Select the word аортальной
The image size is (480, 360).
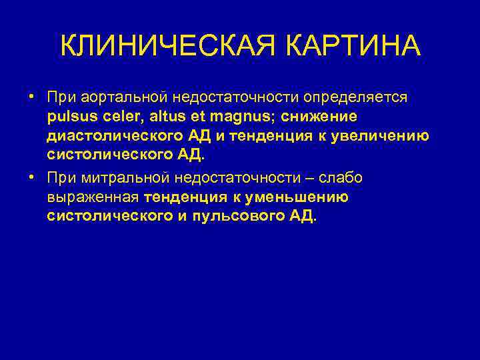click(115, 97)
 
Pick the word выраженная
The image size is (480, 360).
click(93, 197)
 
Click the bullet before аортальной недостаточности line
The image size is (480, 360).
click(32, 97)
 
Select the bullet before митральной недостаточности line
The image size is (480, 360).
click(32, 177)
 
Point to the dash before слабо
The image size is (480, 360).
click(309, 177)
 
